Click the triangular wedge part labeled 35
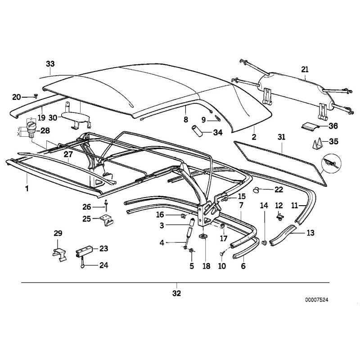318,144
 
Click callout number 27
67,154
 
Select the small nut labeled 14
264,243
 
